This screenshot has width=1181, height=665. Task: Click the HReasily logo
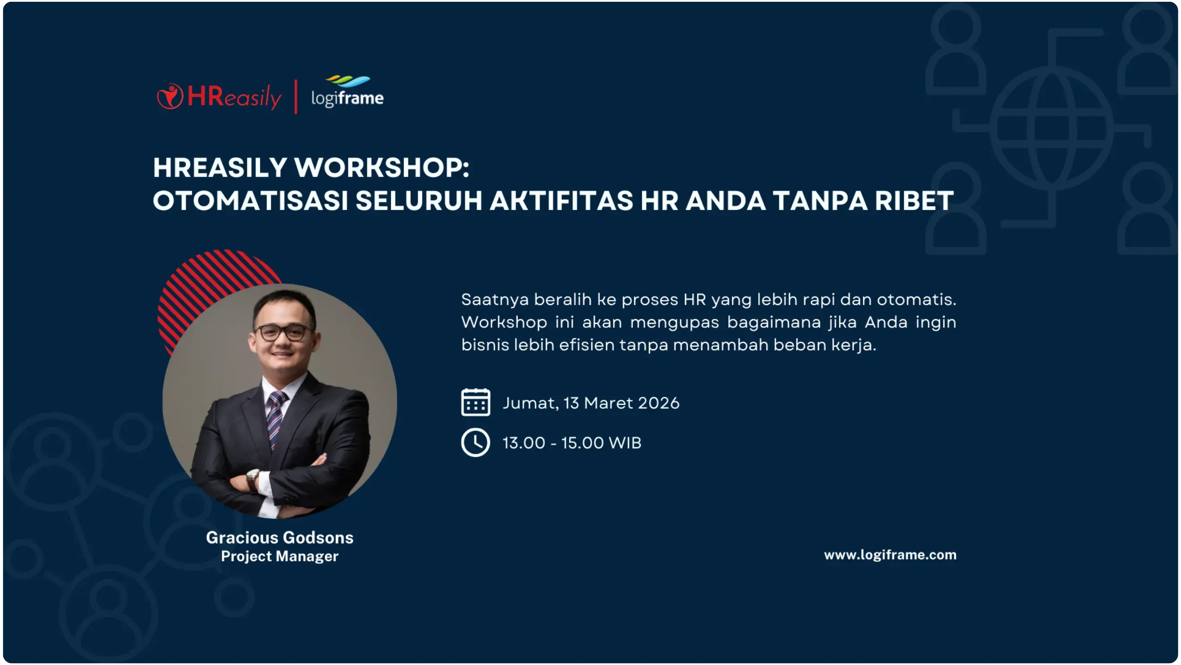pos(219,97)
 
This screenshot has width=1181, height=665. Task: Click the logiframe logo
pos(348,93)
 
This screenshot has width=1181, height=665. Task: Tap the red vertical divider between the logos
pos(296,96)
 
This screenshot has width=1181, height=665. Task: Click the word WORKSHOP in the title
pos(381,167)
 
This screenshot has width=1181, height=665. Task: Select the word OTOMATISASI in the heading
pos(251,201)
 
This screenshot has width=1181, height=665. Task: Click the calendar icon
pos(476,403)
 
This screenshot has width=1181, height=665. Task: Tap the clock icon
pos(476,442)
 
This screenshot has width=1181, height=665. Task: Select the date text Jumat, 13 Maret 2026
pos(591,403)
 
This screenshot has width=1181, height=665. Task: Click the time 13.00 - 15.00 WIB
pos(572,443)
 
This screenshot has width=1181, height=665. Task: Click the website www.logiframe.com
pos(890,555)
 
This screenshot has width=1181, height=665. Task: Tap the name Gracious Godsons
pos(280,537)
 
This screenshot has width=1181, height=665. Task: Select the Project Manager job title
pos(280,556)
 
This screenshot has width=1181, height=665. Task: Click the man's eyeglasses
pos(281,332)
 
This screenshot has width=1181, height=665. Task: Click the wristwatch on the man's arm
pos(253,479)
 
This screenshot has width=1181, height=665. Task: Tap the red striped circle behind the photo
pos(202,284)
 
